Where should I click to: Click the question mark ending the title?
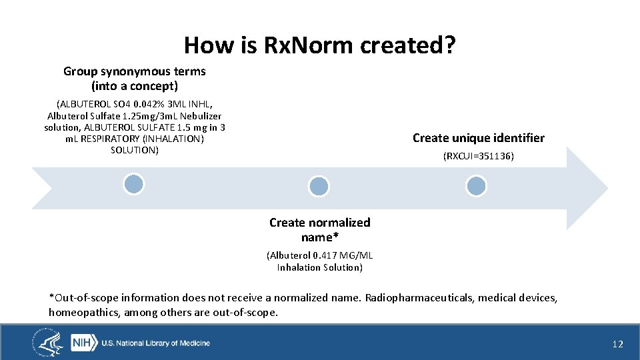click(x=451, y=45)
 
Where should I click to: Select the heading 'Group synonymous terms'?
click(x=135, y=71)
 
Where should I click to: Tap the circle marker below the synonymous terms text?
click(x=134, y=184)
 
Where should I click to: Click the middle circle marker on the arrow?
click(x=319, y=187)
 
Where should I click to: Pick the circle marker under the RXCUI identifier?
click(x=476, y=186)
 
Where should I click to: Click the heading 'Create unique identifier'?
click(x=478, y=138)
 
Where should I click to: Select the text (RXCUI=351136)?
click(x=478, y=157)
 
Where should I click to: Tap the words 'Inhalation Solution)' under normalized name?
click(x=319, y=267)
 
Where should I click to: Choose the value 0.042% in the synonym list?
click(x=149, y=104)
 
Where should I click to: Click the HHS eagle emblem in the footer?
click(x=49, y=343)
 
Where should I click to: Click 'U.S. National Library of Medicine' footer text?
click(x=155, y=343)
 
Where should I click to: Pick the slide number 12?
click(x=617, y=344)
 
